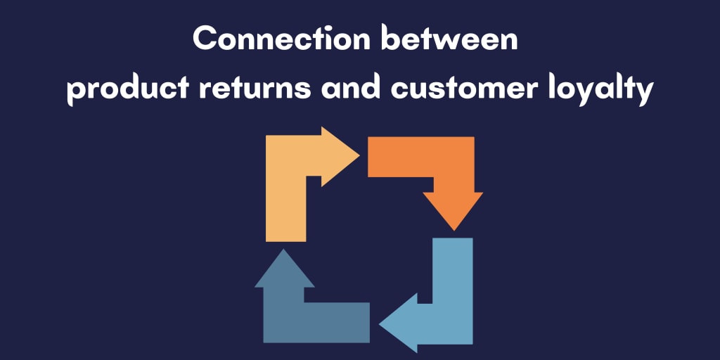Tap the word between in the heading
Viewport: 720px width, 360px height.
[449, 40]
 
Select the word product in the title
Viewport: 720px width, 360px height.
[124, 91]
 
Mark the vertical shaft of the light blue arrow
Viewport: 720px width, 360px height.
[453, 281]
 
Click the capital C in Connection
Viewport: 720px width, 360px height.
[205, 40]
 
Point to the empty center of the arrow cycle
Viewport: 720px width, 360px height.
[368, 239]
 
